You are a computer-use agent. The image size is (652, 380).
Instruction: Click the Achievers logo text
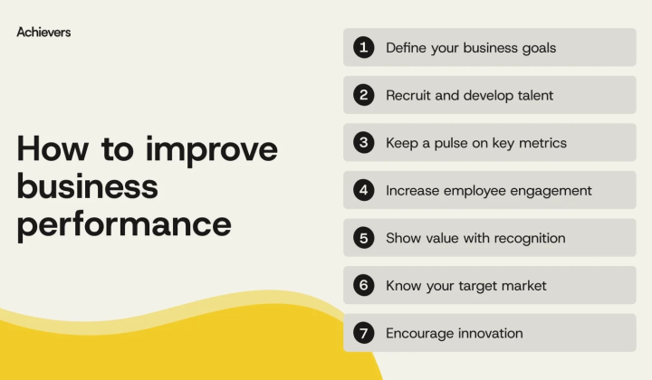point(43,32)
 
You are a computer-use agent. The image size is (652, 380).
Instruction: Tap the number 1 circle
point(364,47)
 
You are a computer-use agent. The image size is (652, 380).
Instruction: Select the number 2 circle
point(364,95)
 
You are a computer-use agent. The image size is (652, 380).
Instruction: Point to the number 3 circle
point(364,142)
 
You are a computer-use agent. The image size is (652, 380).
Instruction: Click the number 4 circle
point(364,190)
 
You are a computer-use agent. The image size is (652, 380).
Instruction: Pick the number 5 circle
point(364,238)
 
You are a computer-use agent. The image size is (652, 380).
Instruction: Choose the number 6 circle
point(364,285)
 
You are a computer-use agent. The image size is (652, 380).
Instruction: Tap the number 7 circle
point(364,333)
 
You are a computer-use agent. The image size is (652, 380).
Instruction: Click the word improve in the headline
point(212,150)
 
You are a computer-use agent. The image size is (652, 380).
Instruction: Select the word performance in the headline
point(124,225)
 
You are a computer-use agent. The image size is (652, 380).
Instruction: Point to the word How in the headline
point(53,148)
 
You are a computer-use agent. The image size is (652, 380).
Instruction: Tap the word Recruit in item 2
point(407,96)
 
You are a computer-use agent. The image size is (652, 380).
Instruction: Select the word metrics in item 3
point(542,143)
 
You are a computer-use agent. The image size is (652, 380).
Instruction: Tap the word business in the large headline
point(87,186)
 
